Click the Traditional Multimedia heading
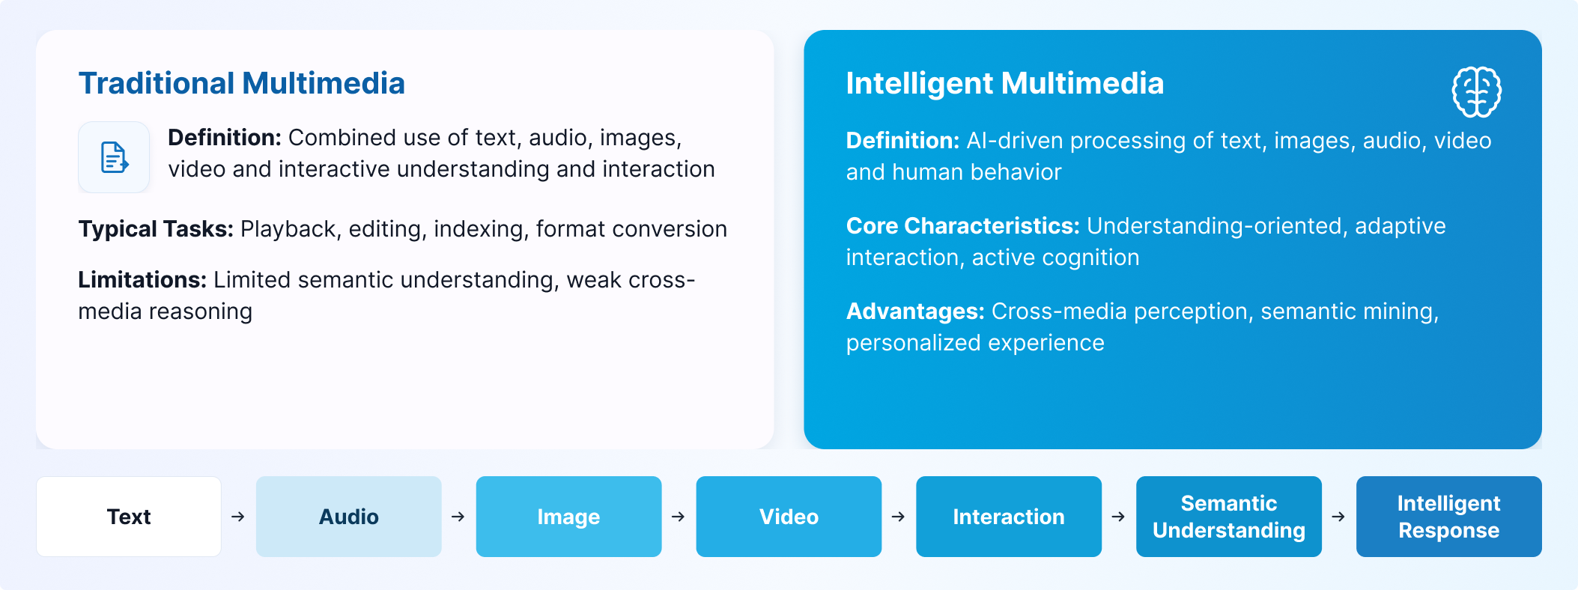241,83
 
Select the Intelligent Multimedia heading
1005,83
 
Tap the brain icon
1477,92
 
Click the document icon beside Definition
114,157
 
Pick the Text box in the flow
129,517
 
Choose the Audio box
349,517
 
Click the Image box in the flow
569,517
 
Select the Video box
789,517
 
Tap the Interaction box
1009,517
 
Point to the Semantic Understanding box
1229,517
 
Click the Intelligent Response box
1449,517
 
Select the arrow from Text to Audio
238,517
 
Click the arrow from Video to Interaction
899,517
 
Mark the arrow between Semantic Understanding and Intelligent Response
1338,517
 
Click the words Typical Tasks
156,229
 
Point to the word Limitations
142,280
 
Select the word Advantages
915,311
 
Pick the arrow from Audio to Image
458,517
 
